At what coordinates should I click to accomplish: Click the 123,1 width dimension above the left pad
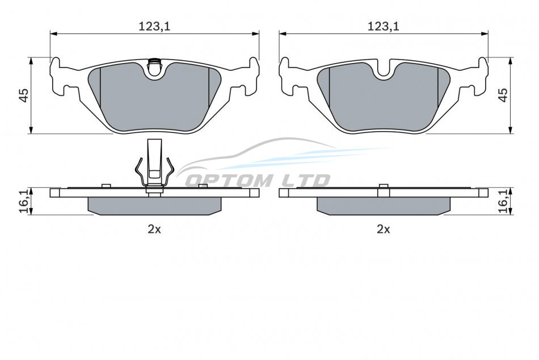(x=154, y=27)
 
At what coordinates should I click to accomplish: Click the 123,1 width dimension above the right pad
(x=384, y=27)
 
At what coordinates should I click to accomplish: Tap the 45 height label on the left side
(x=23, y=95)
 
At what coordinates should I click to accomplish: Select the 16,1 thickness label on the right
(x=503, y=201)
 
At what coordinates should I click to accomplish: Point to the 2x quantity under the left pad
(x=154, y=229)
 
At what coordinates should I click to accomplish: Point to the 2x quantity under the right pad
(x=384, y=229)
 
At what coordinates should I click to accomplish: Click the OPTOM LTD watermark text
(x=258, y=181)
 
